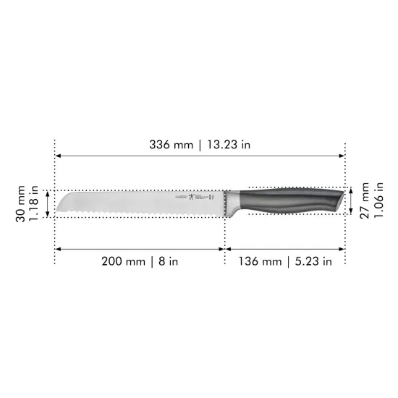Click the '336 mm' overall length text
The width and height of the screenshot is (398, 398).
pos(172,145)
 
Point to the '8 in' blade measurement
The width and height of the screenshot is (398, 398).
pos(167,261)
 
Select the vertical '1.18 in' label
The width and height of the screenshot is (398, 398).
pos(34,203)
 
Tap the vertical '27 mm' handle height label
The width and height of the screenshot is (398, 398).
pos(365,200)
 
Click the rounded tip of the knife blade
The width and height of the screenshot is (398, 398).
pos(60,203)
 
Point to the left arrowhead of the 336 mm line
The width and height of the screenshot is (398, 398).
pos(59,156)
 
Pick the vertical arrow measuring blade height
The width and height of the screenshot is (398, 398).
pos(48,203)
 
